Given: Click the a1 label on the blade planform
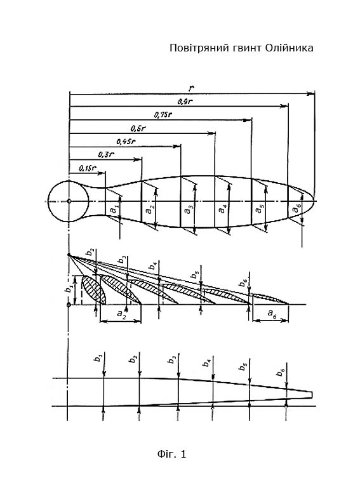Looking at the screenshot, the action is point(114,209).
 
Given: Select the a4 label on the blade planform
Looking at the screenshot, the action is point(222,209).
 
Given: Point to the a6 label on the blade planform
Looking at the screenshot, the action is point(296,209).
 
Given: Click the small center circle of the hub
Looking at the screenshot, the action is point(69,201).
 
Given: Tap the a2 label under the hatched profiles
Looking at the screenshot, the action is point(121,313).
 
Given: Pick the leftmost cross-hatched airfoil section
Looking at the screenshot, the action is point(93,289).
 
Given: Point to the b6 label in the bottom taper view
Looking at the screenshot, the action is point(281,373).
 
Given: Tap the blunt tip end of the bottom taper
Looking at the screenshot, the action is point(312,394).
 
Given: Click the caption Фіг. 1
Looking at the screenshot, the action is point(171,454).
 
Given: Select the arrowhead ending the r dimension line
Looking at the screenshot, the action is point(310,93).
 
